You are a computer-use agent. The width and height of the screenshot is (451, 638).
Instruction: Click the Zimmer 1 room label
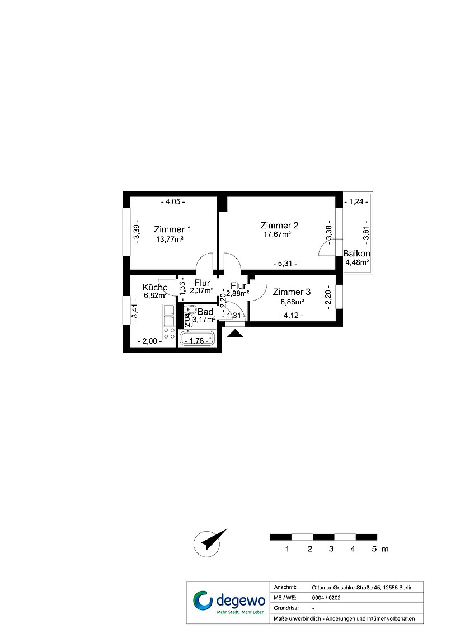172,229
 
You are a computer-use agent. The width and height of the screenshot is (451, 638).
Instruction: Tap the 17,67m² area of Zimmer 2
277,234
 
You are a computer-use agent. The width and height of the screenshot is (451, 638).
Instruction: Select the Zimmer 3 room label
292,292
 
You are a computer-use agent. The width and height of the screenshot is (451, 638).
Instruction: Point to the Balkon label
356,254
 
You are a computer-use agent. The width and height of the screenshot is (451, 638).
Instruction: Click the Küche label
155,287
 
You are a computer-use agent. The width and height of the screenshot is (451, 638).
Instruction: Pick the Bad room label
205,312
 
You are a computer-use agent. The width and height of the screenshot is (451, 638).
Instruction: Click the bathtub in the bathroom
197,339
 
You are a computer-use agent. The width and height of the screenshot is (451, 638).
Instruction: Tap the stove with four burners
169,334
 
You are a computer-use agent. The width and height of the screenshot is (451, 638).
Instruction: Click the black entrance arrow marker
235,334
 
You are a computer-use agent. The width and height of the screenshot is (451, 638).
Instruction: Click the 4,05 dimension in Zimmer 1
173,202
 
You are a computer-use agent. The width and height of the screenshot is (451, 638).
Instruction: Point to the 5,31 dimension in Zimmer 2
285,264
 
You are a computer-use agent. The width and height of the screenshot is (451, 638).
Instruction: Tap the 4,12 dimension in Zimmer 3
291,315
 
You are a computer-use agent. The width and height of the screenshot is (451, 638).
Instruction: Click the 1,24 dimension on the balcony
356,201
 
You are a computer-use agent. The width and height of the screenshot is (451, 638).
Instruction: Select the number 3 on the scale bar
331,549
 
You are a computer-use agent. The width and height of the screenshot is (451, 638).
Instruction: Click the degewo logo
228,602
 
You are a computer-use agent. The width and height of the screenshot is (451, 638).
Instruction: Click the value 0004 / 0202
326,598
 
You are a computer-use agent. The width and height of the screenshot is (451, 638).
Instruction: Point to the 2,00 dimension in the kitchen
149,341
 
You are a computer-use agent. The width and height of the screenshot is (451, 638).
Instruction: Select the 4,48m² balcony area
357,262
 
